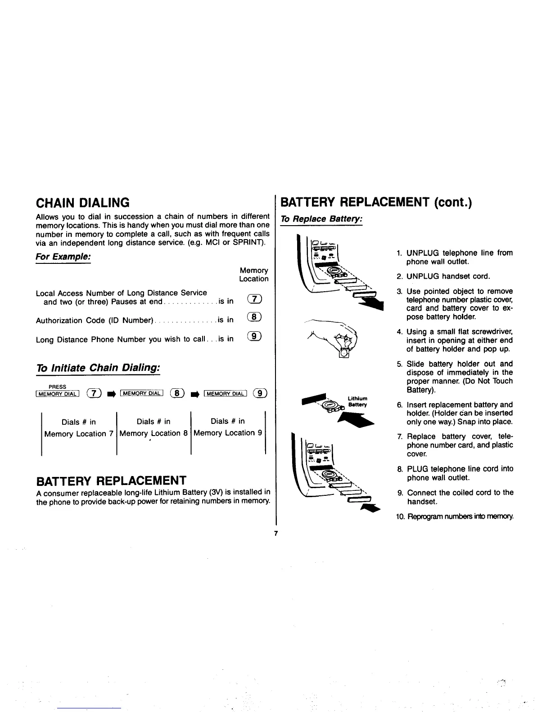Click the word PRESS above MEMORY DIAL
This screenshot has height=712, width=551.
[57, 387]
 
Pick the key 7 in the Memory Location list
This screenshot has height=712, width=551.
[254, 300]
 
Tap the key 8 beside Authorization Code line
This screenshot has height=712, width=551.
[254, 318]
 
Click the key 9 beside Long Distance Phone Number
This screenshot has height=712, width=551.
[254, 337]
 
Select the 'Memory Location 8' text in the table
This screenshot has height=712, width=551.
[154, 433]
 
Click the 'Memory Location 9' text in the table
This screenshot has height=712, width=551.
[227, 433]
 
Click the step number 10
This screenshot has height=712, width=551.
[401, 516]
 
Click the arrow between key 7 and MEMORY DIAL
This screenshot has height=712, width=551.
[110, 395]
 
